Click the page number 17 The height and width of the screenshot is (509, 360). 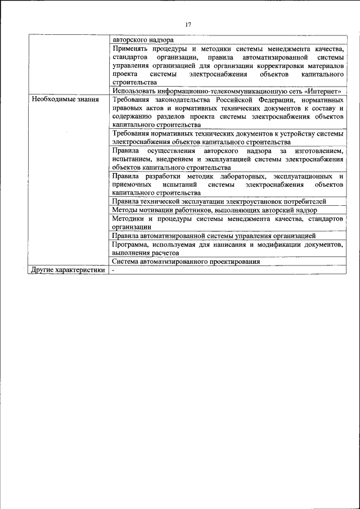point(188,24)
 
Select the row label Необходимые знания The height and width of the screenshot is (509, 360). point(65,100)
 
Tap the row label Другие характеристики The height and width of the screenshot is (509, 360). point(69,269)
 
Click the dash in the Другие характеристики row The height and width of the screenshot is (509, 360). point(113,269)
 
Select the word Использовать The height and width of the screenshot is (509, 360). point(135,91)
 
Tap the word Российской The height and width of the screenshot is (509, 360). point(233,100)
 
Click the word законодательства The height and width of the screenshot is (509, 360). point(185,100)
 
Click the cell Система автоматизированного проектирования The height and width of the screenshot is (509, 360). point(186,261)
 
